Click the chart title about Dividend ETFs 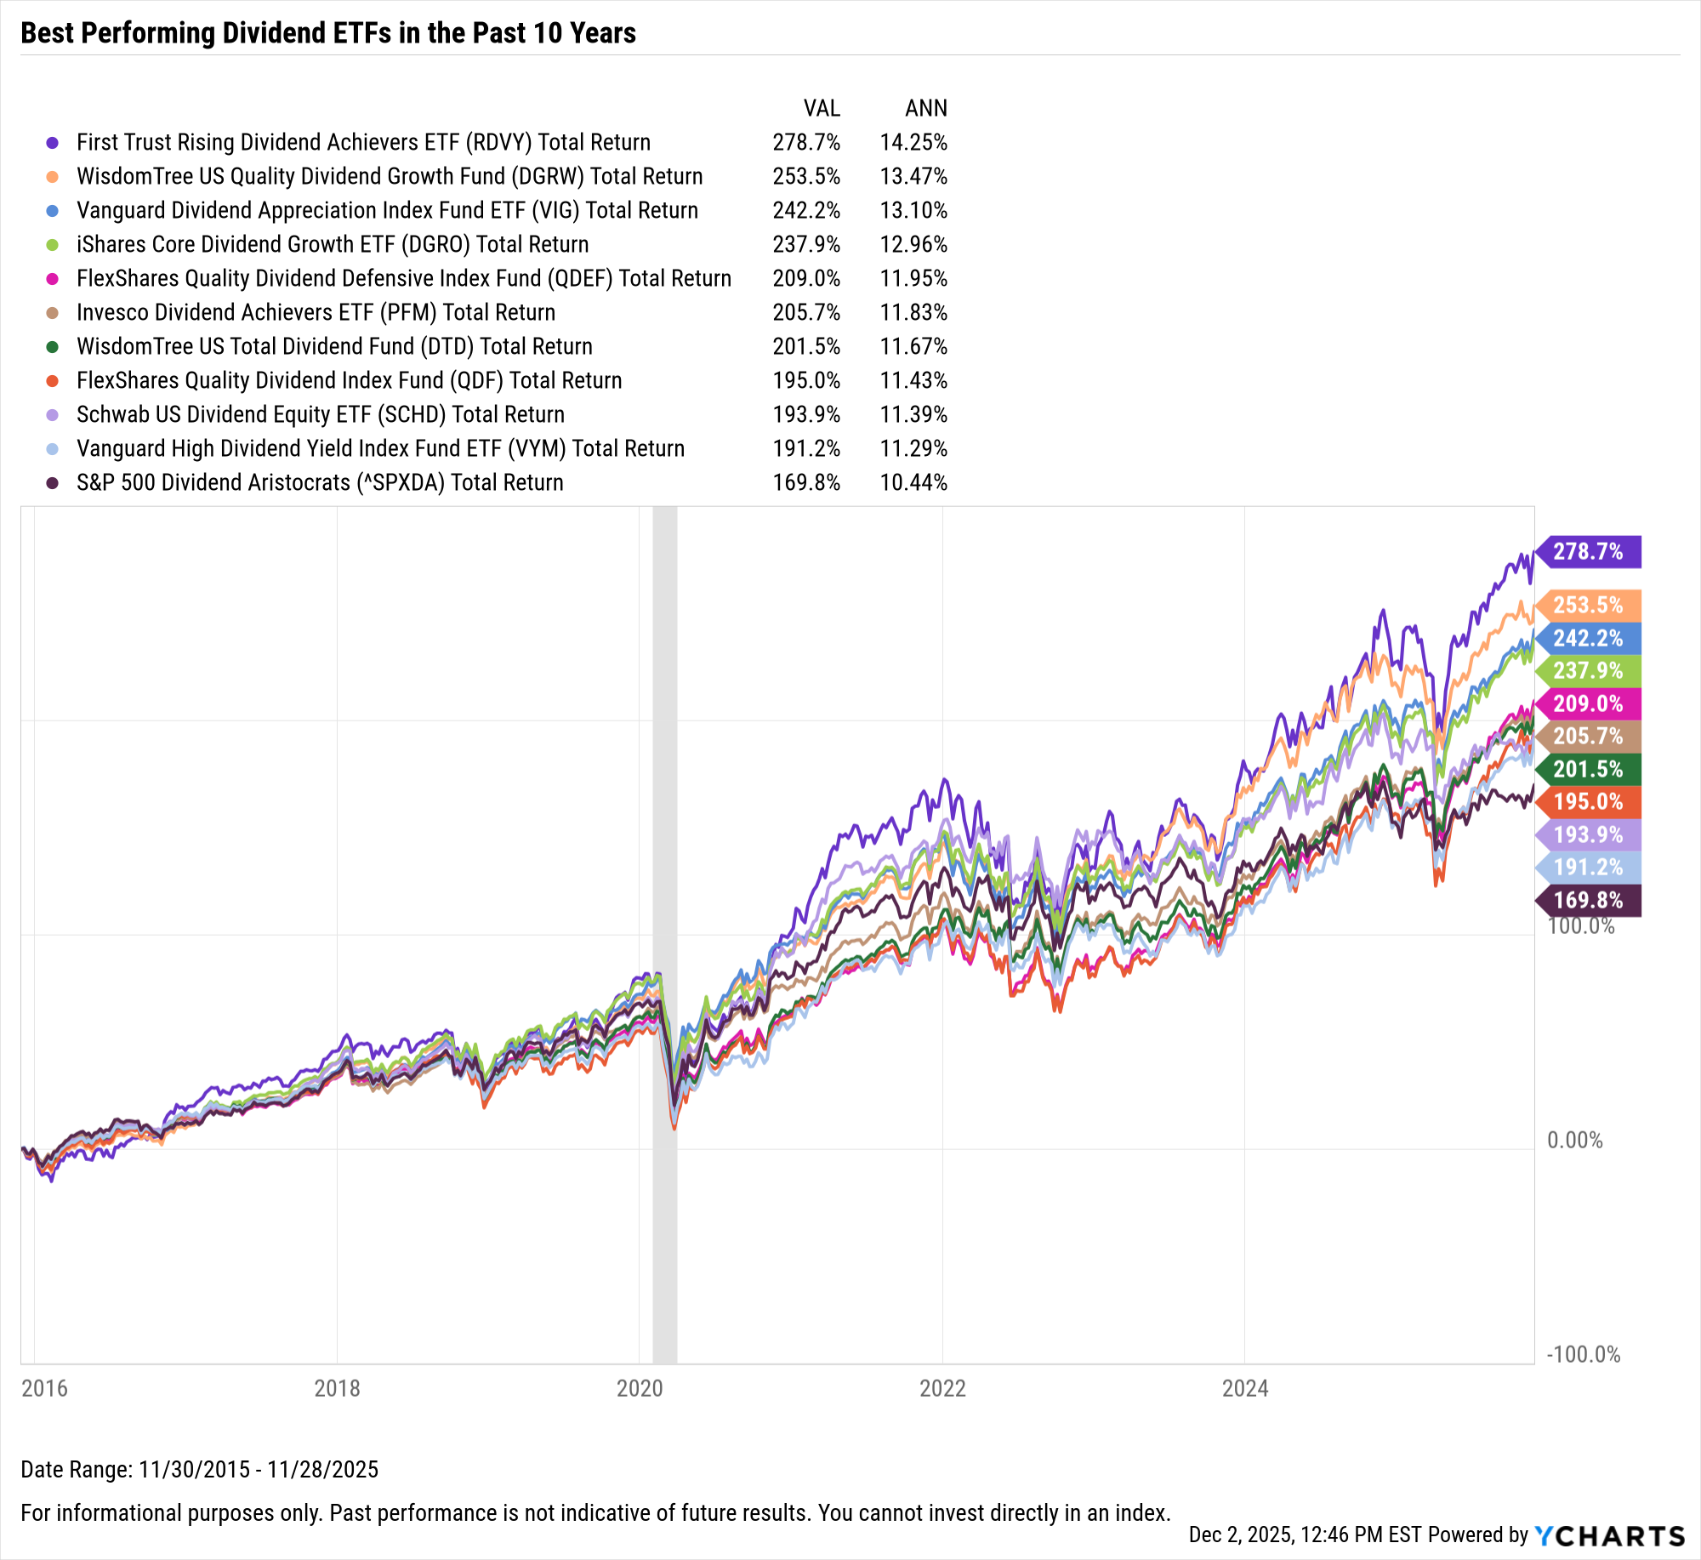[x=328, y=33]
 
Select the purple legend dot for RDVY [x=53, y=143]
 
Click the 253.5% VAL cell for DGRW [x=805, y=176]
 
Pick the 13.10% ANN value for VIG [x=913, y=210]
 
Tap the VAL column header [x=822, y=108]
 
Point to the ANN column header [x=925, y=108]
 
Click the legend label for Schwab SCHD [x=320, y=414]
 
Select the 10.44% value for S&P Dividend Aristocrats [x=913, y=482]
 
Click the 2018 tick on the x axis [x=337, y=1388]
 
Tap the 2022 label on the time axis [x=942, y=1388]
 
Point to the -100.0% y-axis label [x=1583, y=1354]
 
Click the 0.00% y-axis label [x=1574, y=1140]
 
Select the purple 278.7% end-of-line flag [x=1588, y=551]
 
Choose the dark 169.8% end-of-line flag [x=1588, y=900]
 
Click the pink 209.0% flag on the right [x=1588, y=703]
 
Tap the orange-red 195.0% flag [x=1588, y=801]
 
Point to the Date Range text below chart [x=199, y=1469]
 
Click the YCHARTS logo [x=1609, y=1535]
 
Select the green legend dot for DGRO [x=53, y=245]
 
